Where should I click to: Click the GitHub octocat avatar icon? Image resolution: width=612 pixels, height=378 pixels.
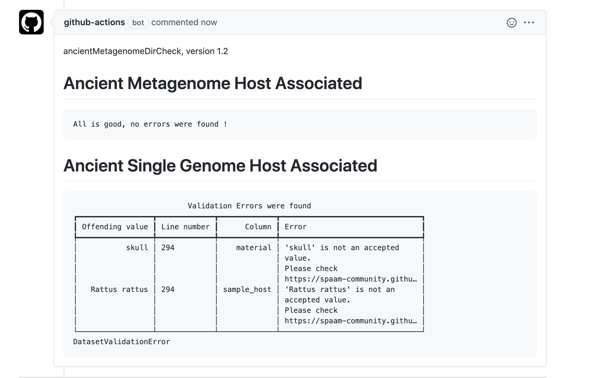(31, 22)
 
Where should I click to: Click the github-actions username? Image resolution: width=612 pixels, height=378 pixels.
(94, 22)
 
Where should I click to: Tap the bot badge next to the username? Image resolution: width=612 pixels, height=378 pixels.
(138, 23)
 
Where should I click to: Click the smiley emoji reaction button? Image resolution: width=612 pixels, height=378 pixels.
(512, 23)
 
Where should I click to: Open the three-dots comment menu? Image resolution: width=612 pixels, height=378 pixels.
(529, 22)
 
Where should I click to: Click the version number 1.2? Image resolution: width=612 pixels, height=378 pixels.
(222, 51)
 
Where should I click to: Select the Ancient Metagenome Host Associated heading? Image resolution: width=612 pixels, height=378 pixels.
(213, 83)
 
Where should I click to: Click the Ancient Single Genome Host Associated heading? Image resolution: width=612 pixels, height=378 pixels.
(220, 166)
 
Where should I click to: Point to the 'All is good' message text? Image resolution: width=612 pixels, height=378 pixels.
(150, 124)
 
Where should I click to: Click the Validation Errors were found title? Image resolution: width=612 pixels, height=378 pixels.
(249, 206)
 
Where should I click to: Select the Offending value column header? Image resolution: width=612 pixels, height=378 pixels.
(115, 227)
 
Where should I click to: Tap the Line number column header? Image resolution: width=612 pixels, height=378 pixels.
(185, 227)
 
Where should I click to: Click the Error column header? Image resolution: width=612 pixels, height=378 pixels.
(296, 227)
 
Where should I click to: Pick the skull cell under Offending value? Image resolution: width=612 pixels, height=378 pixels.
(137, 248)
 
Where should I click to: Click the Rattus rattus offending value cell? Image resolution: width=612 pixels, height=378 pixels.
(119, 289)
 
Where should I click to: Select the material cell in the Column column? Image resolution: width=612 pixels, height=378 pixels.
(254, 248)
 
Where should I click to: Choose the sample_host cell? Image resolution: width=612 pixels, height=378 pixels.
(247, 289)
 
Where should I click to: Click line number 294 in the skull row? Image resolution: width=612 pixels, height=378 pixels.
(168, 248)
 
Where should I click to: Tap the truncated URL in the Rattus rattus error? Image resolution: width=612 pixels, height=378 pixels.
(351, 321)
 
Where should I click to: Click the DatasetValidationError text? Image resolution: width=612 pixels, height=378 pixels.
(121, 342)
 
